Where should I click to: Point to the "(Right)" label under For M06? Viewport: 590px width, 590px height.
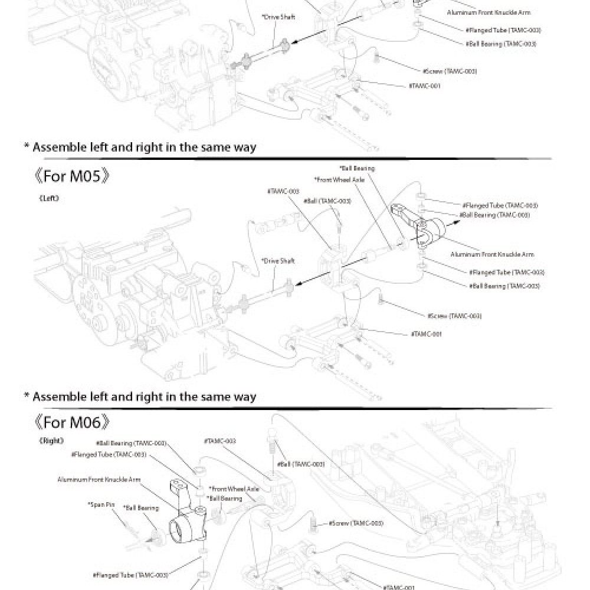[52, 440]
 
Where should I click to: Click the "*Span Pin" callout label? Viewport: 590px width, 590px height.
[101, 504]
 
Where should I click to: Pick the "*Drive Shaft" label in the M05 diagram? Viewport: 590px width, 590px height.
[278, 260]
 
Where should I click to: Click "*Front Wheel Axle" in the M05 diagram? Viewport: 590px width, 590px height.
[339, 179]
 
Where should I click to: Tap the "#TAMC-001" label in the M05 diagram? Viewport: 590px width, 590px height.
[425, 334]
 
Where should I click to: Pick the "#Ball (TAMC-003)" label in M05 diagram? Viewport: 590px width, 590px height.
[327, 201]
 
